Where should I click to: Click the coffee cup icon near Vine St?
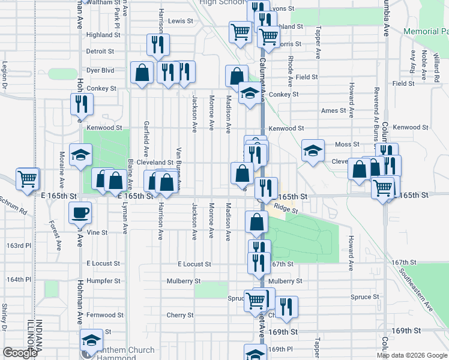(80, 212)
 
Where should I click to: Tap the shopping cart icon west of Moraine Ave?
(28, 179)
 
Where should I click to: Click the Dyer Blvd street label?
(100, 70)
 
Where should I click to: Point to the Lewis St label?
(181, 20)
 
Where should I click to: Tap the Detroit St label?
(100, 52)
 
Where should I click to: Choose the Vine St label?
(97, 232)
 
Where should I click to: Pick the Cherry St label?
(180, 315)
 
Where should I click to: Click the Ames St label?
(334, 110)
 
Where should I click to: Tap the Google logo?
(20, 353)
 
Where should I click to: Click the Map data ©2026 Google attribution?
(412, 356)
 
